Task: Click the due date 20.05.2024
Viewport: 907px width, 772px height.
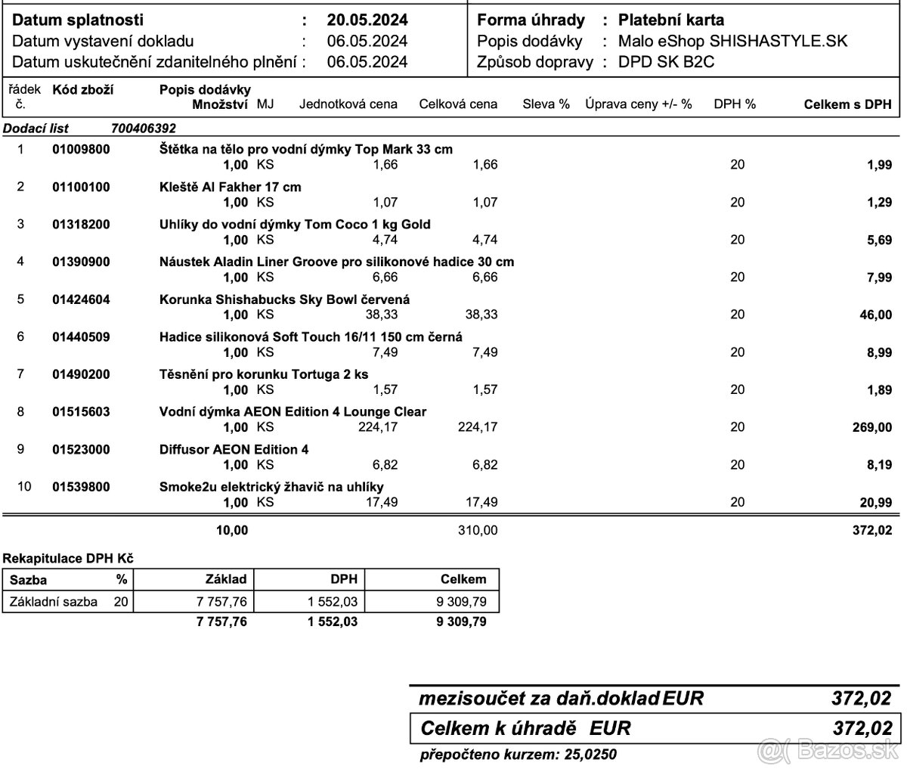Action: [x=367, y=20]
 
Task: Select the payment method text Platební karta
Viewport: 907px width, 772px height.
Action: [x=670, y=20]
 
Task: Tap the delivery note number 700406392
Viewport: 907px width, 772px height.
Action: [x=143, y=129]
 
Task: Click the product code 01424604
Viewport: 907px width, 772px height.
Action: [x=81, y=299]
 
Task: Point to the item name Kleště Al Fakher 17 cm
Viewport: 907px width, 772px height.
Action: [x=231, y=187]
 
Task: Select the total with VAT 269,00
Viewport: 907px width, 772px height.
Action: [x=871, y=427]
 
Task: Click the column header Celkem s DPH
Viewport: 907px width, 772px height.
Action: [x=847, y=104]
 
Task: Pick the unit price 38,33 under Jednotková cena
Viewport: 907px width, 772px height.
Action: [x=380, y=314]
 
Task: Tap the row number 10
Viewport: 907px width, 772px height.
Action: [x=24, y=486]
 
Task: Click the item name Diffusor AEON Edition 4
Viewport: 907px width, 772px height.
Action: [x=234, y=449]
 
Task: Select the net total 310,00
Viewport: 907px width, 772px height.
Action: [x=478, y=531]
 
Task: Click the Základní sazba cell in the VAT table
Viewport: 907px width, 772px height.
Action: [x=53, y=602]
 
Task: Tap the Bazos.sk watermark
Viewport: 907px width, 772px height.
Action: [x=847, y=752]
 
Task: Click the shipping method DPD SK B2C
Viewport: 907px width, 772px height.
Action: [x=666, y=62]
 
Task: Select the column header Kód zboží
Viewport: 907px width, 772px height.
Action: [x=82, y=90]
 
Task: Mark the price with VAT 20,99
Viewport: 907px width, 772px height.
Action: [x=876, y=502]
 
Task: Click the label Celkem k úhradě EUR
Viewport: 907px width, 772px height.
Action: [x=525, y=729]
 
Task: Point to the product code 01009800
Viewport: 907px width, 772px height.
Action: [x=81, y=150]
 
